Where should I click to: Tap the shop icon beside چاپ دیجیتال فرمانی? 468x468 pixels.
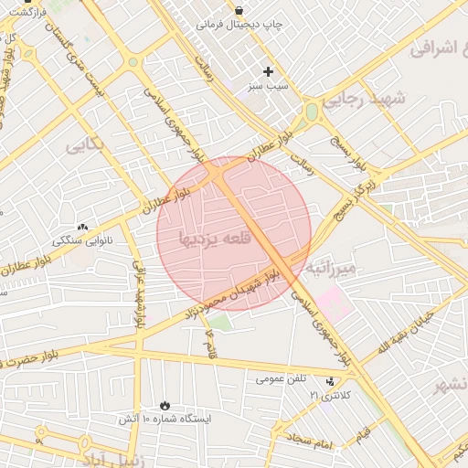coord(239,10)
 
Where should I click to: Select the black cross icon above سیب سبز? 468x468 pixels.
coord(268,71)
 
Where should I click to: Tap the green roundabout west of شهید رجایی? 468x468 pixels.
coord(312,112)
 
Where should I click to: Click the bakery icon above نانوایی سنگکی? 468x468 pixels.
coord(83,226)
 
